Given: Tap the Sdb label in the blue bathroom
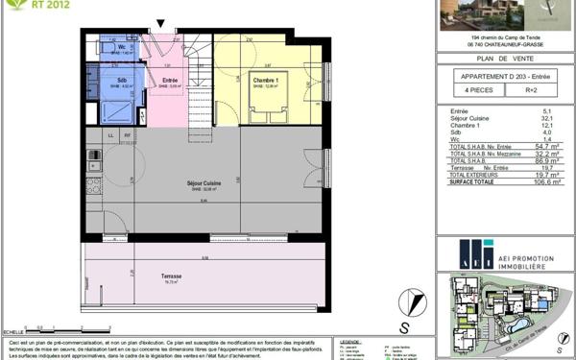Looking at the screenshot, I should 123,80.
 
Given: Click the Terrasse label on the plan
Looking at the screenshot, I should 173,276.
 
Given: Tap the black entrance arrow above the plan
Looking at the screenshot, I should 160,22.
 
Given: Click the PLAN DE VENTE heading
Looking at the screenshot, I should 504,58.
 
